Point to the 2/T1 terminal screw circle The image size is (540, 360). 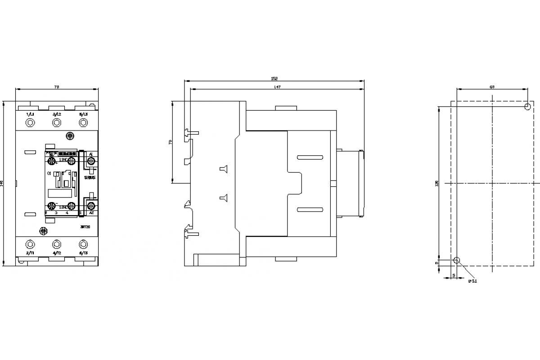(30, 244)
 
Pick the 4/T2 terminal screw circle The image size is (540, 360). (56, 244)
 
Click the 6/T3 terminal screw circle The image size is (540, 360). (83, 244)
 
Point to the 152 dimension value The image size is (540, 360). (274, 78)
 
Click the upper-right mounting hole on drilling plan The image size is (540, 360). (527, 107)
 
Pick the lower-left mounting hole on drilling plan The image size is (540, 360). (457, 260)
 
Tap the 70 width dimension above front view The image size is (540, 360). (57, 86)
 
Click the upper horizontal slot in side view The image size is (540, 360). (310, 157)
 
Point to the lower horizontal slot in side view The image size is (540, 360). (310, 209)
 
